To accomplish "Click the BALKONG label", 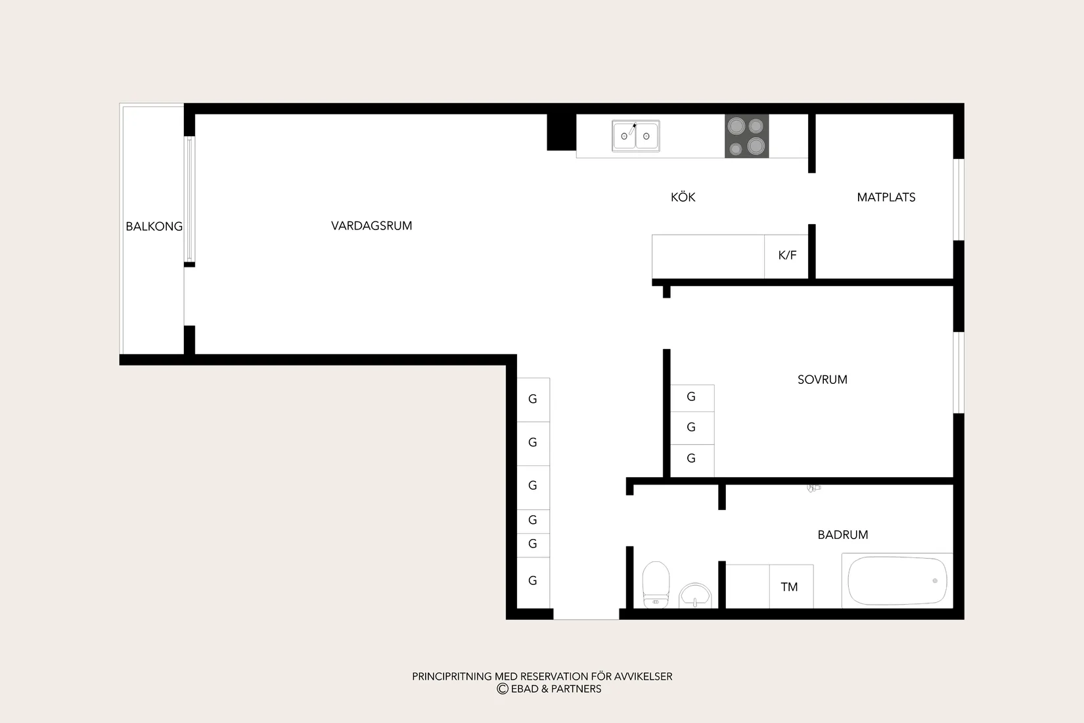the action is point(154,226).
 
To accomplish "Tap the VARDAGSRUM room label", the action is point(372,225).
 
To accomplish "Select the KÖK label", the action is point(683,197).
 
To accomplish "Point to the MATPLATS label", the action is point(886,197).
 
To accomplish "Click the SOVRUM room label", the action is point(822,380).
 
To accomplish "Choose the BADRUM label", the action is point(842,534).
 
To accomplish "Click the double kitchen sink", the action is point(635,136).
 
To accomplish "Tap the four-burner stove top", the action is point(747,136).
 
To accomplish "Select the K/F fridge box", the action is point(786,256).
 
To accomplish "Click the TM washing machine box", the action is point(791,586).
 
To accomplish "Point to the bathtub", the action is point(897,580).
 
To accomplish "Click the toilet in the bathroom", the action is point(656,584).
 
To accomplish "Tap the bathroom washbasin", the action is point(695,595).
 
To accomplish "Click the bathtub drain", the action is point(935,580).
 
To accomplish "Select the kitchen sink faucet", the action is point(633,129).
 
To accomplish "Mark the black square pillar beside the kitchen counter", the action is point(561,131).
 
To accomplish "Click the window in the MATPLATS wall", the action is point(959,200).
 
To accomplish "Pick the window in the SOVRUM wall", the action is point(959,373).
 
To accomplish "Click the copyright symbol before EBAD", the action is point(503,689).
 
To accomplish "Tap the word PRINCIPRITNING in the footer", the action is point(452,676).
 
